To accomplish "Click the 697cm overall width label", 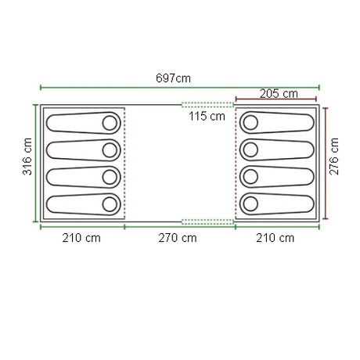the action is click(x=173, y=78).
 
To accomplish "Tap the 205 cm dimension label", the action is click(x=279, y=94).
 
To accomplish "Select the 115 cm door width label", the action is click(x=207, y=116).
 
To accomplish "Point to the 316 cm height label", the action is click(x=27, y=157).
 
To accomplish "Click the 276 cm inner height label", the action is click(x=334, y=157).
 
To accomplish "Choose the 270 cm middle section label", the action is click(x=178, y=238).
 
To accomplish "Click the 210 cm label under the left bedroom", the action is click(x=81, y=238).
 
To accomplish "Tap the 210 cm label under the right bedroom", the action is click(x=275, y=238).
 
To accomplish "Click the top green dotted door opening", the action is click(x=207, y=105).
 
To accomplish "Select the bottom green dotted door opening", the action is click(x=207, y=222).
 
